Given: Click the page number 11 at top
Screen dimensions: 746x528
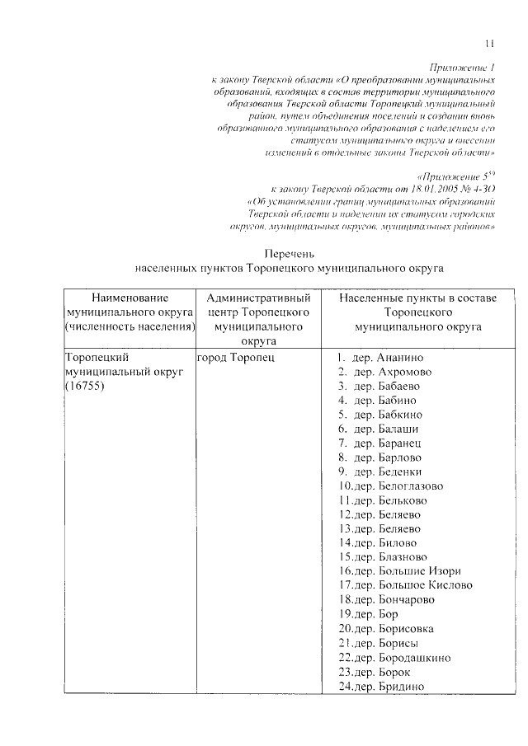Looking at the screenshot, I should tap(488, 44).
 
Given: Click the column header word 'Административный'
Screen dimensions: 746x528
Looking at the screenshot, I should tap(258, 297).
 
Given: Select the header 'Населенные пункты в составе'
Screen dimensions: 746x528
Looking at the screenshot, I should tap(417, 297).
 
